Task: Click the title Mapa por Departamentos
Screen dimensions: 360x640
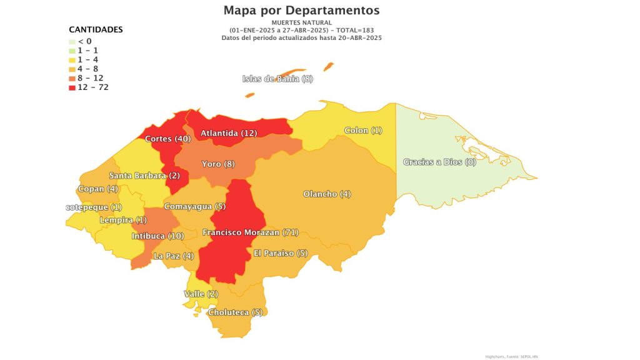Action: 301,10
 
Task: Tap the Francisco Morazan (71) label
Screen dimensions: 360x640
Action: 250,232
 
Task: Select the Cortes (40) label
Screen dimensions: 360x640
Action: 167,139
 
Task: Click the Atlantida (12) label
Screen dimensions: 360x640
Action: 229,133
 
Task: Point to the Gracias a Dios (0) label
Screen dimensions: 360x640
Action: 439,162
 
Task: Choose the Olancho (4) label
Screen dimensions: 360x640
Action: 327,194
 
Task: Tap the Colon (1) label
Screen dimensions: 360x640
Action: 363,131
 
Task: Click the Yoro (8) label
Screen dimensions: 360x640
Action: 218,164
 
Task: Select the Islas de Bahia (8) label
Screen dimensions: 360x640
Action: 277,79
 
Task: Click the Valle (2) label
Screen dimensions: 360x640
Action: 201,294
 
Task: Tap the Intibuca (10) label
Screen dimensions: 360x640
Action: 157,236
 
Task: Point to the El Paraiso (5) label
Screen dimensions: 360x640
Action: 281,253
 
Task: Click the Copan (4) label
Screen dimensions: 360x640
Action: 97,189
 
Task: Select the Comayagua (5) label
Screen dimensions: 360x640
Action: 194,206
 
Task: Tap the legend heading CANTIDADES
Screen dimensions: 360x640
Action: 96,29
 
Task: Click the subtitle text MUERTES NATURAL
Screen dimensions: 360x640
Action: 301,22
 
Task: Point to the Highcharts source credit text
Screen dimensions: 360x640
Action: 511,356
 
